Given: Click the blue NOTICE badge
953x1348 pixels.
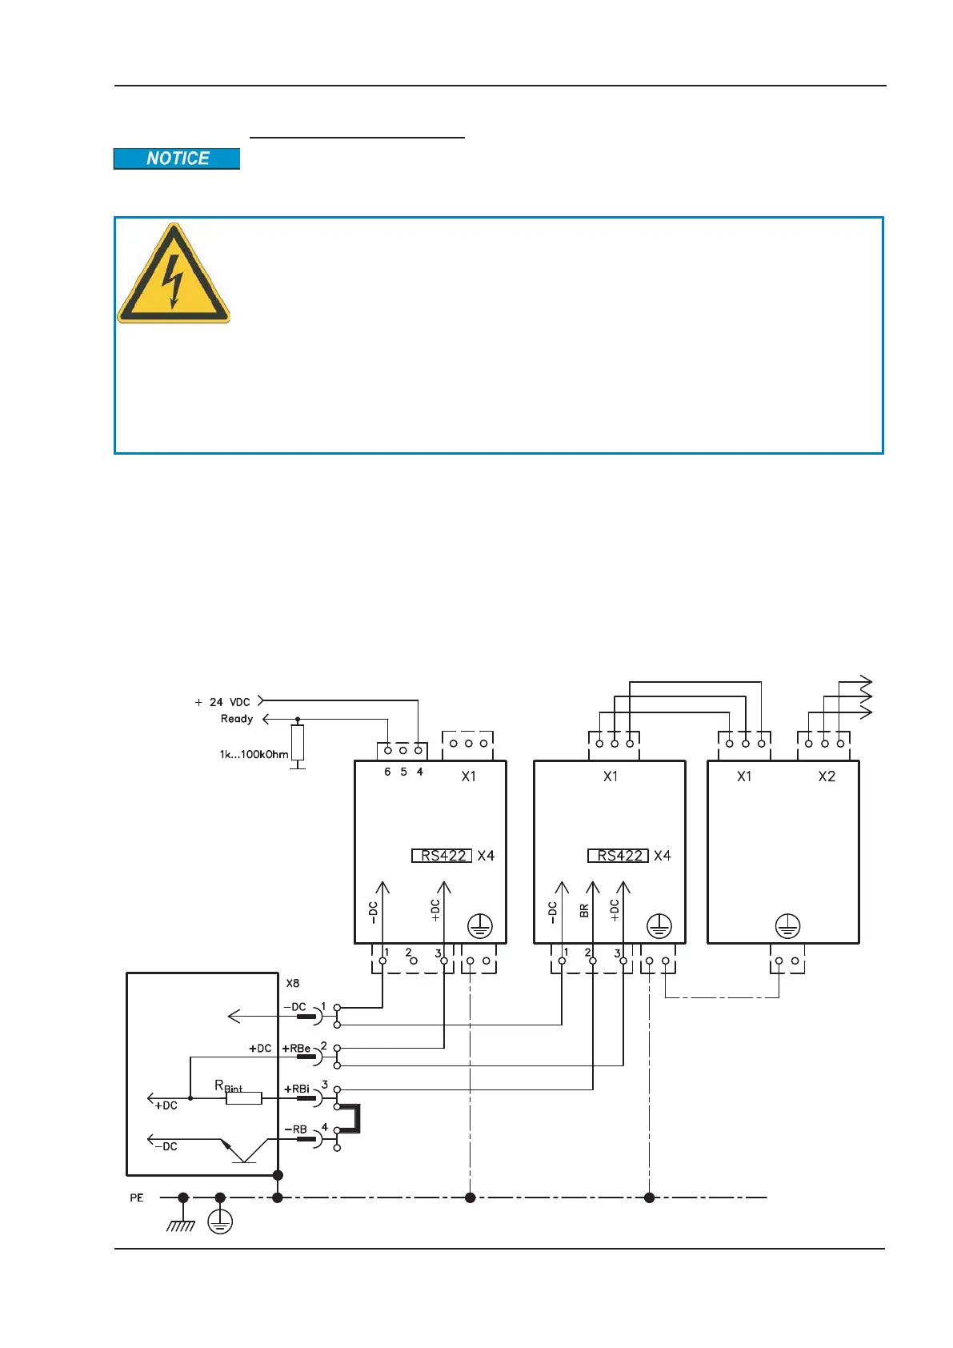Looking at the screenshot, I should tap(177, 158).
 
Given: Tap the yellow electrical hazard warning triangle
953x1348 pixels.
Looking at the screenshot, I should tap(174, 276).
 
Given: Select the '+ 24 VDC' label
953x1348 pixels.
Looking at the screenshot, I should tap(222, 702).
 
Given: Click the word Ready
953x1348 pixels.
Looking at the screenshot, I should tap(237, 719).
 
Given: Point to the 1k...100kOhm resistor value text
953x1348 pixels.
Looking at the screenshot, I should tap(254, 754).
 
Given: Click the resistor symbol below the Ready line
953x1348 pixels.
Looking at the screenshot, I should tap(298, 742).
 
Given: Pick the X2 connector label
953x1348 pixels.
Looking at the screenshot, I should tap(827, 776).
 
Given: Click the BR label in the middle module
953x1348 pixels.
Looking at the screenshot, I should tap(584, 910).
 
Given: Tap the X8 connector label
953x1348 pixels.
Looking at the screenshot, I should tap(293, 983).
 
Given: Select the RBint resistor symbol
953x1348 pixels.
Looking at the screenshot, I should tap(244, 1098).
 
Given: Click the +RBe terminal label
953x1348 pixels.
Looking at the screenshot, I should tap(296, 1048).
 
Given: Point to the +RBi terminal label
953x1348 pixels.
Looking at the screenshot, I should tap(297, 1089).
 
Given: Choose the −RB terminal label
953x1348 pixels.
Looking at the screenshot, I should tap(296, 1129).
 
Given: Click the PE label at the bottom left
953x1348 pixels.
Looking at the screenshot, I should tap(137, 1198).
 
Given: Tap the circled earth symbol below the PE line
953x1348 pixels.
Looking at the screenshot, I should tap(220, 1222).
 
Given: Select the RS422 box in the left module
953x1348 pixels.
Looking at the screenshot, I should tap(442, 856).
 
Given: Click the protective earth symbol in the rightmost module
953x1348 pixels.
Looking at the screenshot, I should tap(788, 926).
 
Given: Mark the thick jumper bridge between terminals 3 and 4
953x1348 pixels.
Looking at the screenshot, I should tap(355, 1118).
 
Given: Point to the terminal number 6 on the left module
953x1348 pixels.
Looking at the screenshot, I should tap(387, 772).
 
